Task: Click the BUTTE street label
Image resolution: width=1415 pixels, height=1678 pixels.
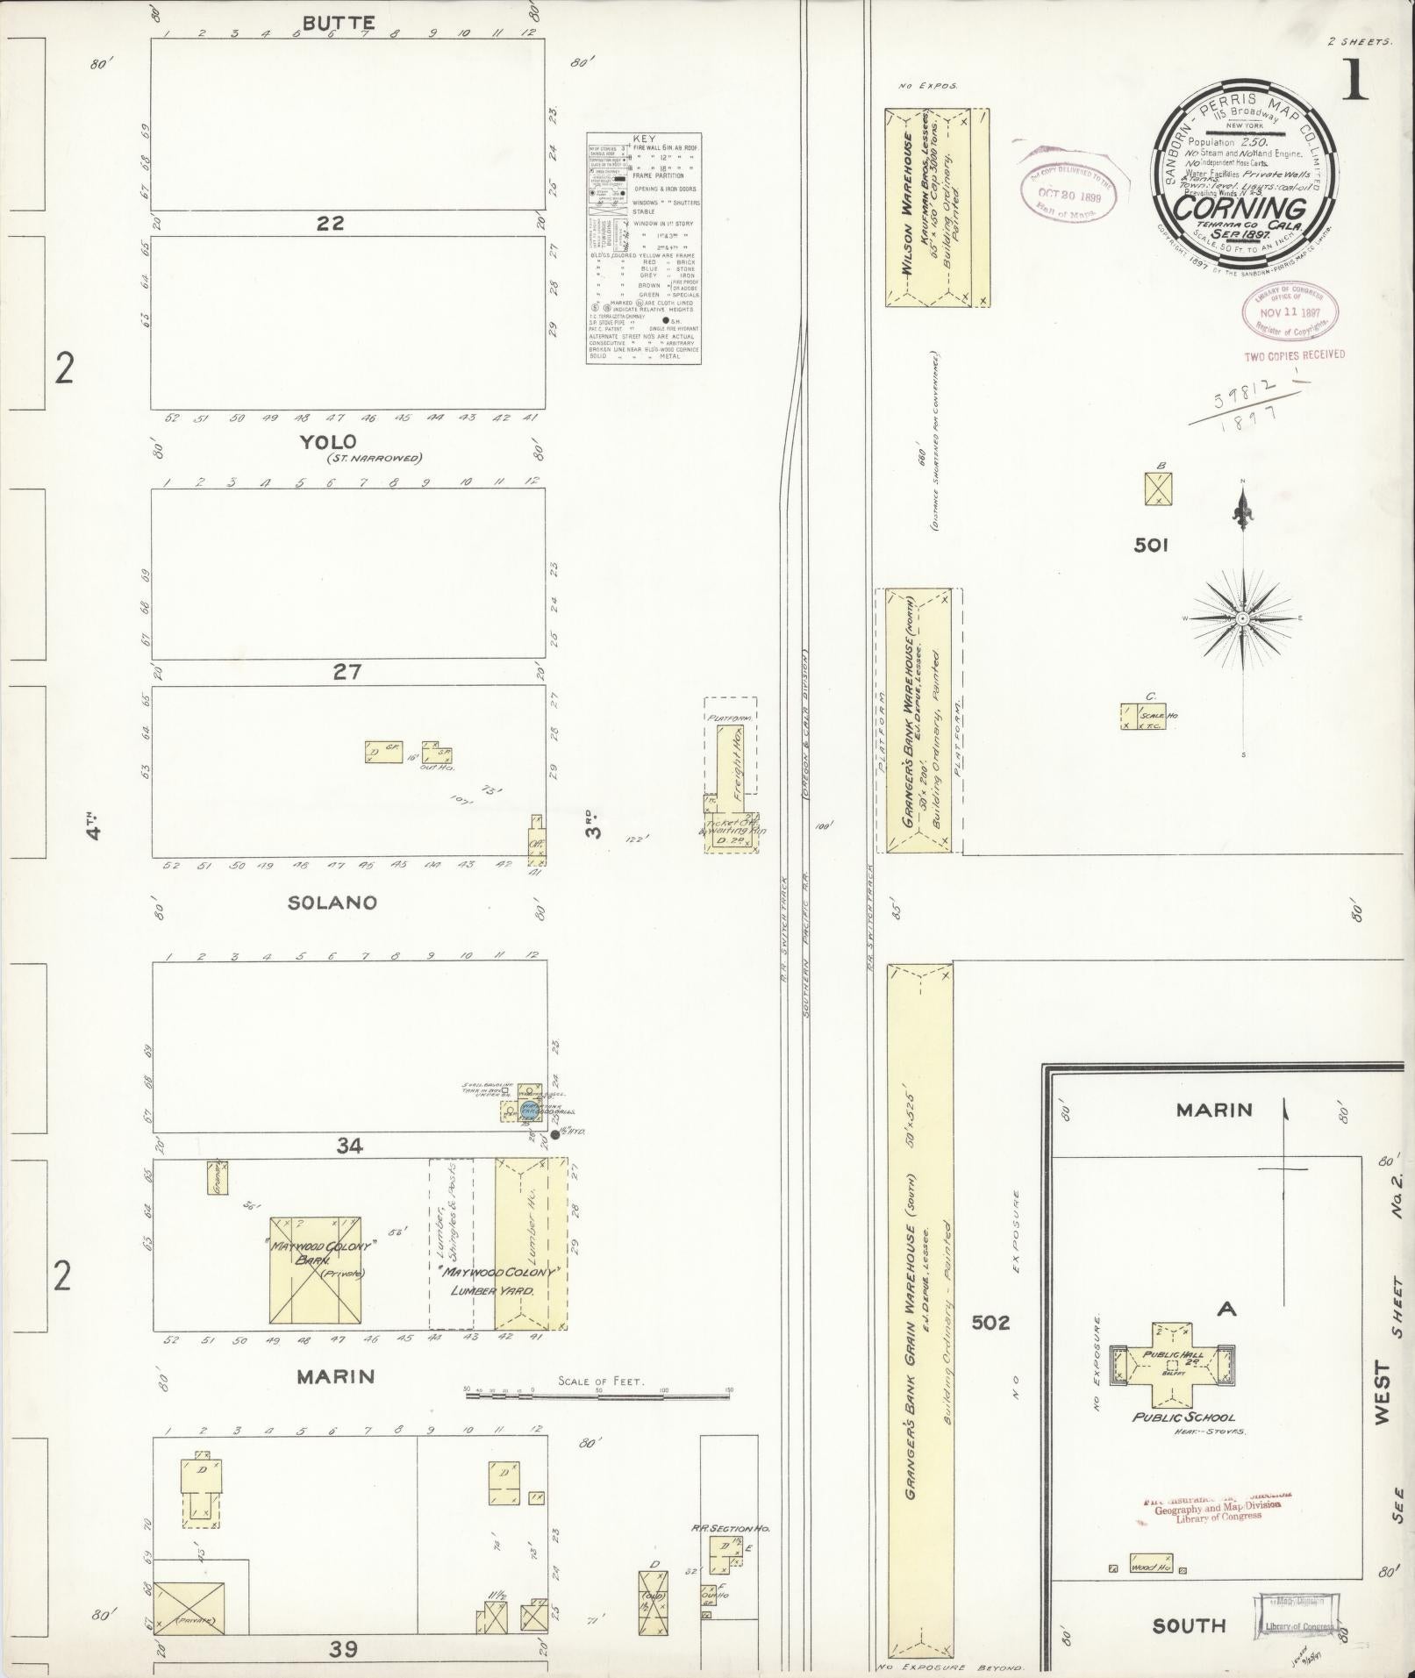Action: point(339,23)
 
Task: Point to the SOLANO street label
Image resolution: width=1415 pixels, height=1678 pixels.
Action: point(332,903)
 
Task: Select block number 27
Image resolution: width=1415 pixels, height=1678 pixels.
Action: point(347,672)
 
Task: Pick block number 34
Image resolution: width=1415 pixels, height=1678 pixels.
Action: point(349,1145)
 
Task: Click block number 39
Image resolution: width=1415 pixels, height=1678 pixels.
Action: point(344,1649)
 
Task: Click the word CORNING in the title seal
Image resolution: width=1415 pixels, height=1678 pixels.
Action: point(1239,209)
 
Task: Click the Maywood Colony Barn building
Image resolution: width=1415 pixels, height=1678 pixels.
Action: point(315,1269)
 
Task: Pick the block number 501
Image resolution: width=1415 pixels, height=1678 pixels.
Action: point(1150,546)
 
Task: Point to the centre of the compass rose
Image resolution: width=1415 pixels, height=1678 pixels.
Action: point(1243,618)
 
